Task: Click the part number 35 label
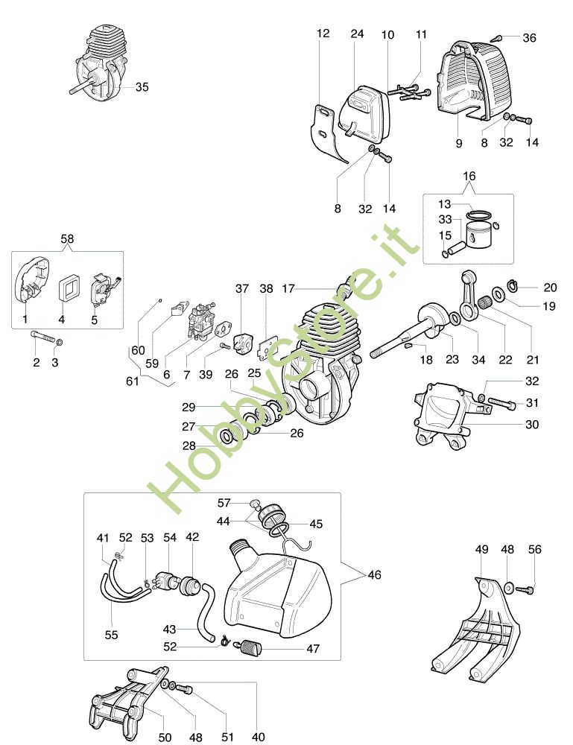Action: coord(142,87)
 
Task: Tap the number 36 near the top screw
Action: coord(529,38)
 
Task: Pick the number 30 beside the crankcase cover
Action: coord(532,425)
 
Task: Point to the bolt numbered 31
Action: coord(501,405)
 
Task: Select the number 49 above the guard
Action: coord(481,550)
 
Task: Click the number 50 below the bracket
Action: coord(165,737)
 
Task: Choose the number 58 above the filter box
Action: coord(68,238)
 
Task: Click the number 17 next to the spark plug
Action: coord(288,288)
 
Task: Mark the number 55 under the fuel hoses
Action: coord(111,635)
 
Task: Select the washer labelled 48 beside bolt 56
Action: coord(508,588)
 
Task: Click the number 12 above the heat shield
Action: coord(323,34)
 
